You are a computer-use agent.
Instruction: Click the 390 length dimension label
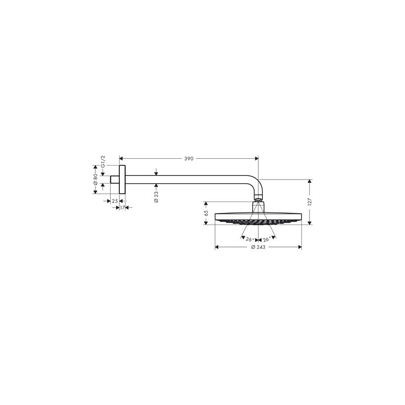click(189, 158)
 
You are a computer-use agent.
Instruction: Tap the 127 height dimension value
click(310, 202)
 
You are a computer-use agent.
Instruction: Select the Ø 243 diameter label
click(258, 247)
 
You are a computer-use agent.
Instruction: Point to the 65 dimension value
click(206, 213)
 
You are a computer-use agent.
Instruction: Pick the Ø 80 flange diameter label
click(95, 179)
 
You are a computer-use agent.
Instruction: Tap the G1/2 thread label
click(103, 162)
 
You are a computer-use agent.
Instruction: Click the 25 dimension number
click(115, 201)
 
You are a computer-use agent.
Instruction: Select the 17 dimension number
click(122, 207)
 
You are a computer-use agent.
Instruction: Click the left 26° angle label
click(250, 239)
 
